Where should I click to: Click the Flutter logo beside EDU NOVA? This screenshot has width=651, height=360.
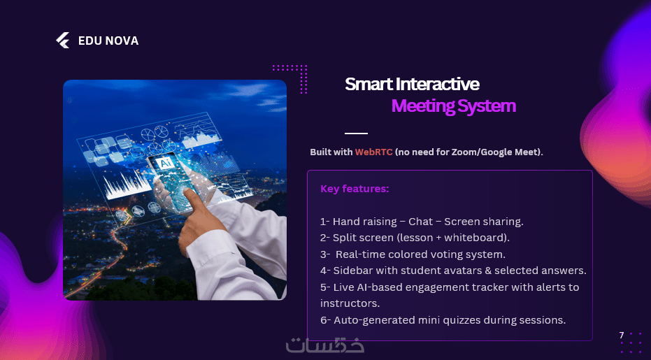[63, 41]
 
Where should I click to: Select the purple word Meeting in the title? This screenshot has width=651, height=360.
[422, 106]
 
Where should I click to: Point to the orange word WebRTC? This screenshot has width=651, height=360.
[373, 152]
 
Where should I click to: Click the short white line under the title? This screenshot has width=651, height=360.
[356, 134]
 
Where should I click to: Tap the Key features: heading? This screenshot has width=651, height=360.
[355, 189]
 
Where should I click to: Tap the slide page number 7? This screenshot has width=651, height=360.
[622, 335]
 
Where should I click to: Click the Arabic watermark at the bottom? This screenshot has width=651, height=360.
[325, 344]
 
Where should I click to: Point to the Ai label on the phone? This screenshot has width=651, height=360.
[167, 162]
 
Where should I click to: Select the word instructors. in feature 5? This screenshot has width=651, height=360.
[350, 303]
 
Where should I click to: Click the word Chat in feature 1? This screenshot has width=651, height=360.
[420, 222]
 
